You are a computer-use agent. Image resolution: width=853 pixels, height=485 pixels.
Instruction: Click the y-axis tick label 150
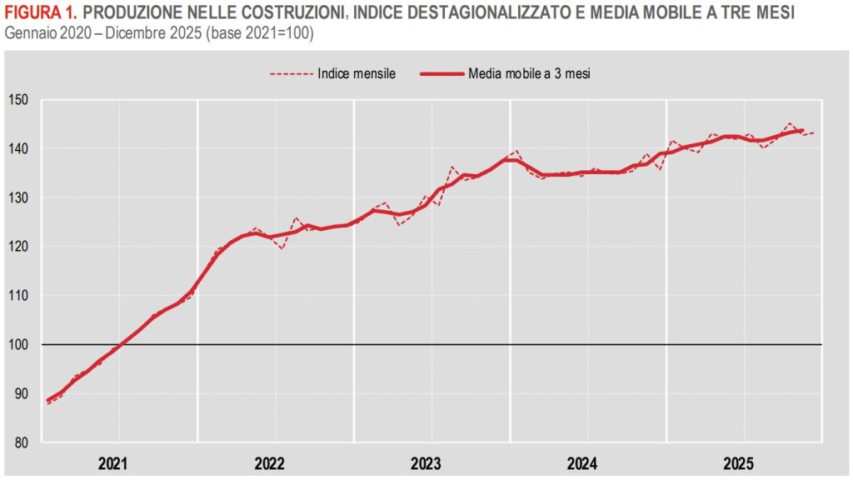pyautogui.click(x=19, y=100)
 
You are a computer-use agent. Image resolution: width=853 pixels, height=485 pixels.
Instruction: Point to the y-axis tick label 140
pyautogui.click(x=19, y=149)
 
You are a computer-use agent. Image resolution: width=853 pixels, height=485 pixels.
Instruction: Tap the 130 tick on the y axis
pyautogui.click(x=19, y=197)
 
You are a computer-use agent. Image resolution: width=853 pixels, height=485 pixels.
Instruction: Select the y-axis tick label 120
pyautogui.click(x=19, y=247)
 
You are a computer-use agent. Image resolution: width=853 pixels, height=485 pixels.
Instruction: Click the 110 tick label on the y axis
pyautogui.click(x=19, y=296)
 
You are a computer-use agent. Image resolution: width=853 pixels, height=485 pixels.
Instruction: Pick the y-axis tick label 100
pyautogui.click(x=19, y=344)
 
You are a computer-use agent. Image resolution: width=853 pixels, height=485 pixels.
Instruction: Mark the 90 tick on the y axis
pyautogui.click(x=22, y=393)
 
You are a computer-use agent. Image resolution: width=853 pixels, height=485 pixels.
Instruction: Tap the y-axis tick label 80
pyautogui.click(x=22, y=442)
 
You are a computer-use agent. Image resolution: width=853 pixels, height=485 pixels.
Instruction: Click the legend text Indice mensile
pyautogui.click(x=356, y=73)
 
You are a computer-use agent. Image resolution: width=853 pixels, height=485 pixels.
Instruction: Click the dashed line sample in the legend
pyautogui.click(x=291, y=73)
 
